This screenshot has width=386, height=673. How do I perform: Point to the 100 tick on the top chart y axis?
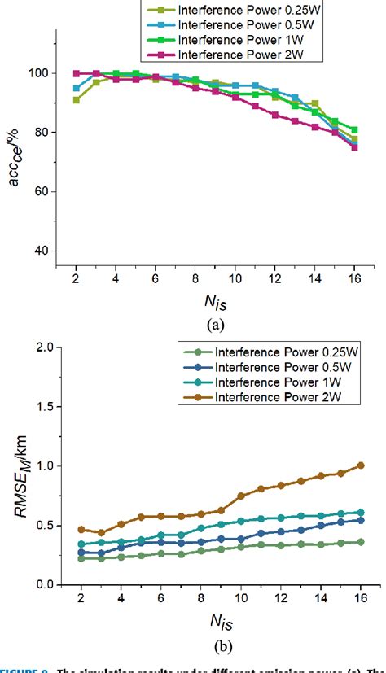tap(45, 73)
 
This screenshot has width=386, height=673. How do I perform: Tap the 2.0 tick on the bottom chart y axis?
tap(46, 347)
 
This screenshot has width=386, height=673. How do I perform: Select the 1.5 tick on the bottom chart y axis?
tap(46, 407)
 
